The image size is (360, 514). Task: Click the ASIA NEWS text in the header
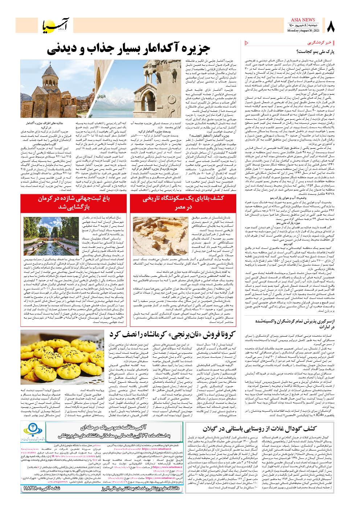click(303, 20)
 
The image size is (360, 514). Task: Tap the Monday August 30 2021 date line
click(303, 31)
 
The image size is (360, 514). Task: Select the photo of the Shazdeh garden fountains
click(51, 236)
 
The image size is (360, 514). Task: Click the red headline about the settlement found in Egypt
click(183, 203)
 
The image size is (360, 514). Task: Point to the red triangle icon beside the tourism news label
click(247, 43)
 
